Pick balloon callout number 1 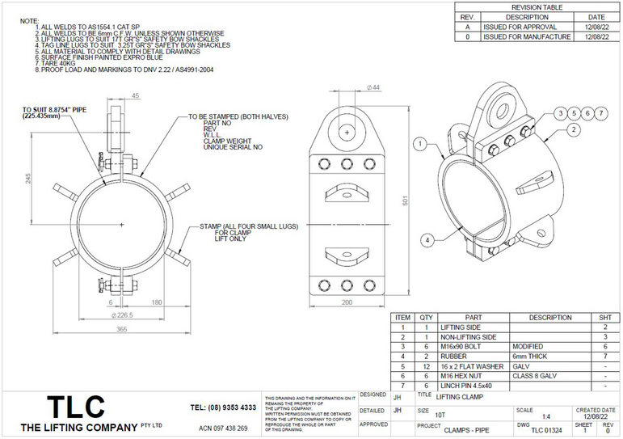pos(419,144)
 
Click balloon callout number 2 pos(572,129)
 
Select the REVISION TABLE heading pos(537,6)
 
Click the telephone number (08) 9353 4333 pos(223,407)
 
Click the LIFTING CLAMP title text pos(461,397)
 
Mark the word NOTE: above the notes pos(28,19)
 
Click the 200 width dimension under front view pos(347,302)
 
